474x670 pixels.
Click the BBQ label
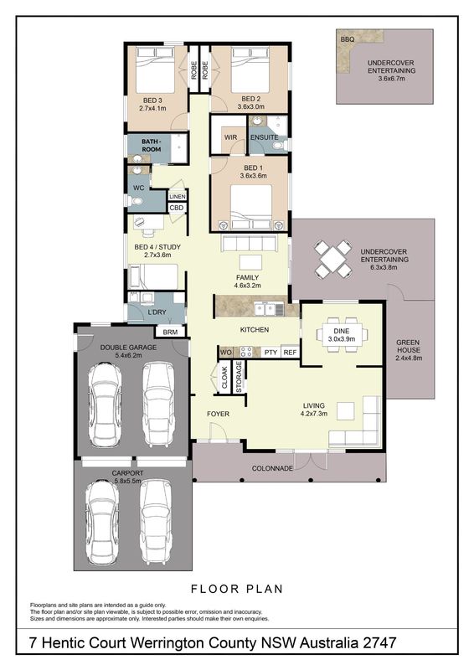pos(348,39)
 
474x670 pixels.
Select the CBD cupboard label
pos(177,208)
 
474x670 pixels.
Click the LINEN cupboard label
pos(178,197)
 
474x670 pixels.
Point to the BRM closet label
pos(170,332)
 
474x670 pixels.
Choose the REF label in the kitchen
pos(290,353)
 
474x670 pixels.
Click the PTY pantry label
pos(271,353)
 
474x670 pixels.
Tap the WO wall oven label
pos(225,352)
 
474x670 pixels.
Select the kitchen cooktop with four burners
pos(245,352)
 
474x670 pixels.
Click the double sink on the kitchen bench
pos(265,308)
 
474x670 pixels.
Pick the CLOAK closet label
pos(224,378)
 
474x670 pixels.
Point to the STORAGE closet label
pos(239,377)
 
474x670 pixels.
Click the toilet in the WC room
pos(135,200)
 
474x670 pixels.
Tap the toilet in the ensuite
pos(279,146)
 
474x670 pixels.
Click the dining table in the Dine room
pos(342,334)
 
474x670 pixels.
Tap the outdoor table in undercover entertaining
pos(333,258)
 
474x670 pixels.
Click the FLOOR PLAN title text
pos(237,589)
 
